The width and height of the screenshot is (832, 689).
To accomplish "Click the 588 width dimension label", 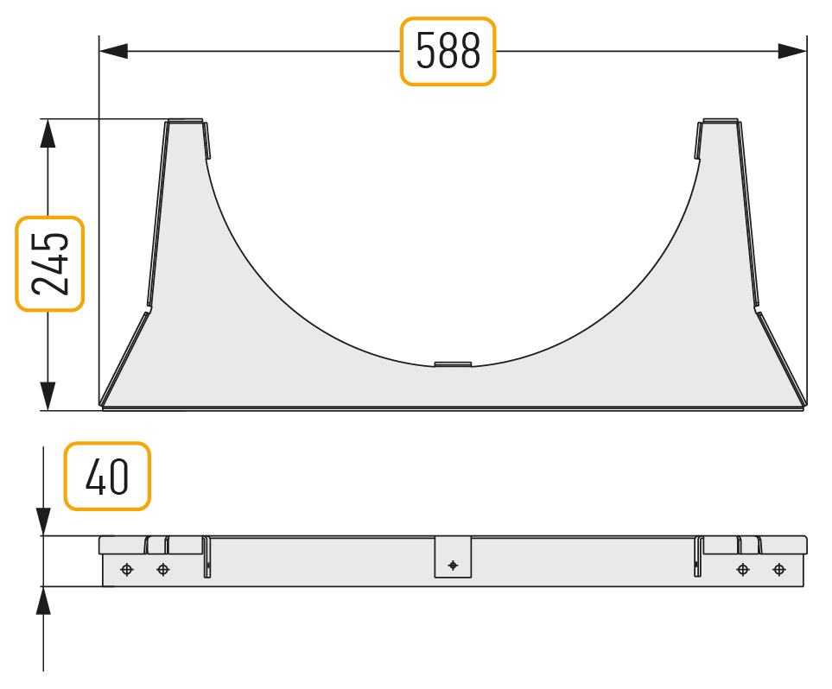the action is click(448, 51).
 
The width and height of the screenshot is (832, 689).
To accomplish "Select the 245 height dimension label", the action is click(50, 263).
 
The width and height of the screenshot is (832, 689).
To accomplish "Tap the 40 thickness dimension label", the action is click(107, 477).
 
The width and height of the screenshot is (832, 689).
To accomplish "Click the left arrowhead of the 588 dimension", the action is click(113, 52).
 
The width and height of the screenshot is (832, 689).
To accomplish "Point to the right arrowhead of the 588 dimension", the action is click(792, 52).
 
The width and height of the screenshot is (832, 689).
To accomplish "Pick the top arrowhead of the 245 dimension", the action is click(48, 133).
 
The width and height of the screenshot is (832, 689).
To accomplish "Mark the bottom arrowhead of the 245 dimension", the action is click(48, 396).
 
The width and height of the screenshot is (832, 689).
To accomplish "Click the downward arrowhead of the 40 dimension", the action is click(43, 521).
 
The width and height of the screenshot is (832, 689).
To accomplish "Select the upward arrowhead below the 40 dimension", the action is click(43, 600).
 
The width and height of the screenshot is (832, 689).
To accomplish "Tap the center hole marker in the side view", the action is click(453, 566).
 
